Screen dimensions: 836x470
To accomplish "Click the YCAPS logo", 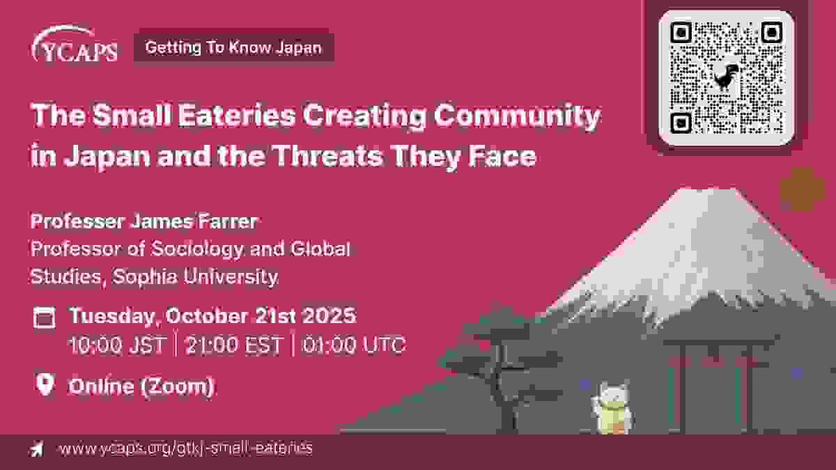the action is (75, 45).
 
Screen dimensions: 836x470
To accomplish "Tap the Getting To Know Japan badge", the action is (234, 47).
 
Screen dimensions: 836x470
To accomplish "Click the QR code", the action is (726, 77).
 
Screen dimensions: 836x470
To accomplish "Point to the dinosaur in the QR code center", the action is (725, 77).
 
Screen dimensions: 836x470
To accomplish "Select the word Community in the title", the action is (517, 116).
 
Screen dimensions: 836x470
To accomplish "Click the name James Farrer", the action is (194, 221).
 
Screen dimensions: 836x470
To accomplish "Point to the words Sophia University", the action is (195, 277).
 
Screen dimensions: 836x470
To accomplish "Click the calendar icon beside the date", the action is (45, 318).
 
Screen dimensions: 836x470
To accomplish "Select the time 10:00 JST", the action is (117, 344).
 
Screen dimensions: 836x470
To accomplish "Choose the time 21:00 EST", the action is (233, 344).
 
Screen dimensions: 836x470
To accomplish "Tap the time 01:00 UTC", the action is (353, 344).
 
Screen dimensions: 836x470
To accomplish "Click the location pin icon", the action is (45, 384).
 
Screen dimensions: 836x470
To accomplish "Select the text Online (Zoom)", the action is (141, 386).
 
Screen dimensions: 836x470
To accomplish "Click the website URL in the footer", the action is (185, 448).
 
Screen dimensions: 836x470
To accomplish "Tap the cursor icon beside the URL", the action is (36, 448).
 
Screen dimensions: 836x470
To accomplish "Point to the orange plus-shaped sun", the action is (803, 189).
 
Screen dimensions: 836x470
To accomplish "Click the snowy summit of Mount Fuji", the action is (705, 209).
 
